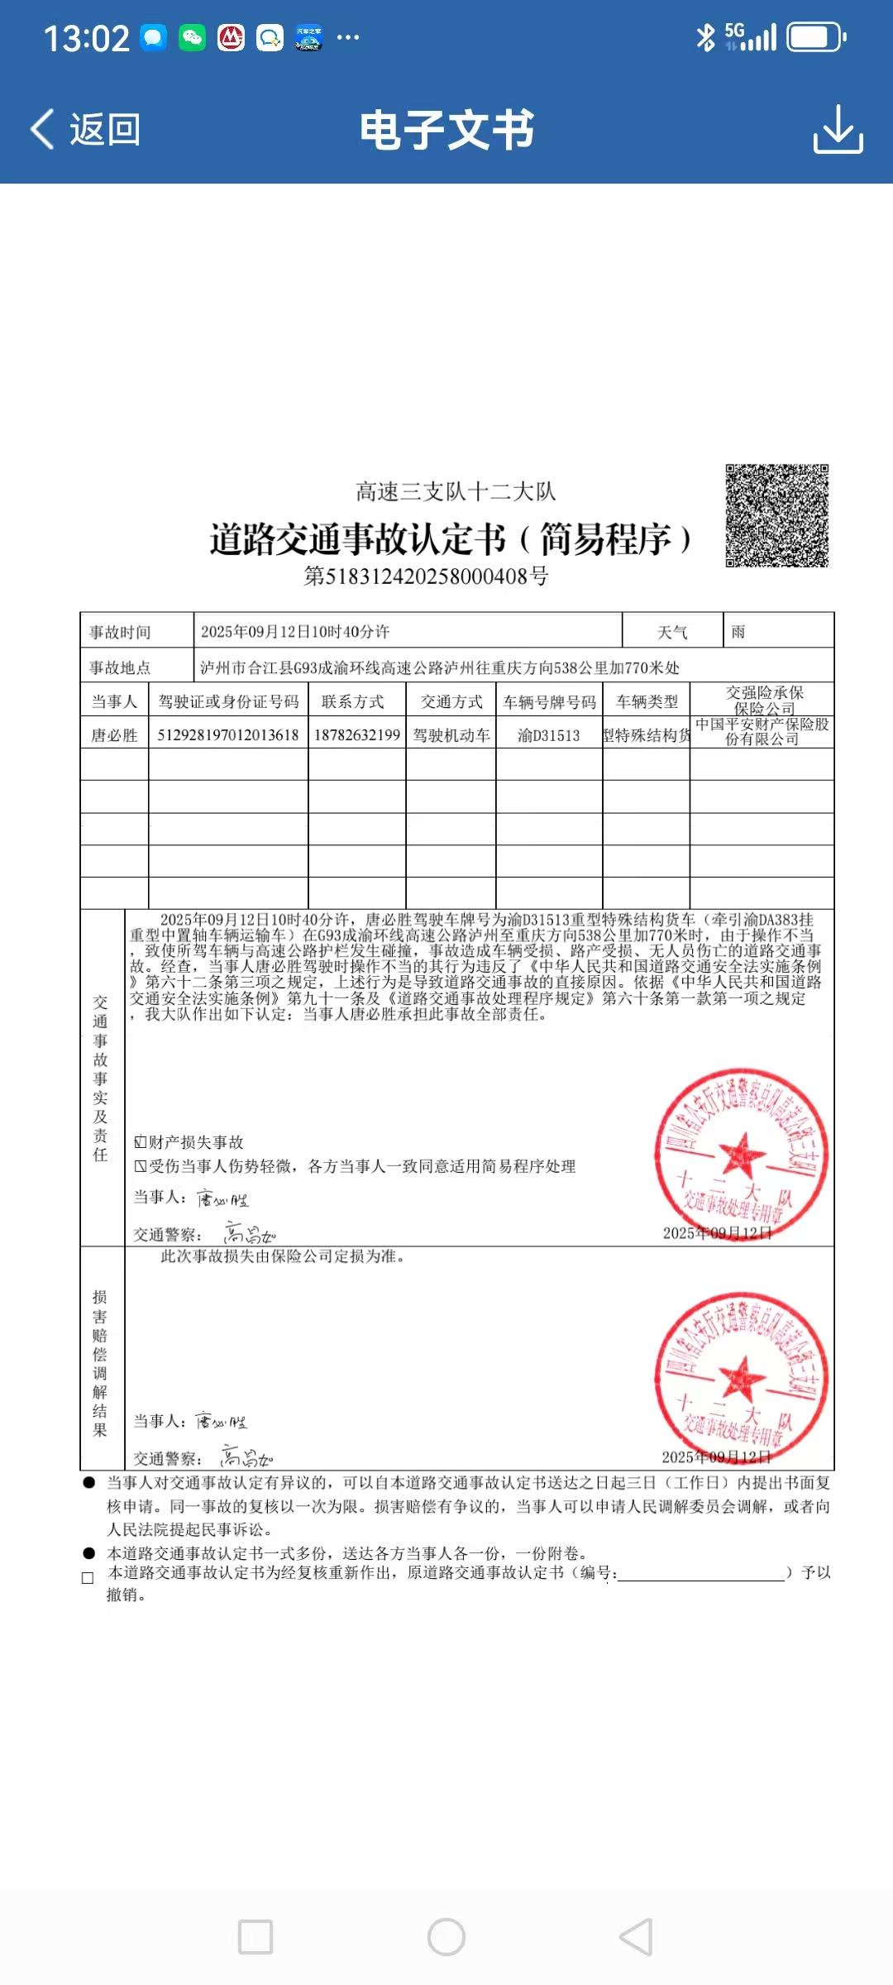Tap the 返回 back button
(85, 130)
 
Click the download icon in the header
(838, 129)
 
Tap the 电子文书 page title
(446, 131)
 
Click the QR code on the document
(776, 515)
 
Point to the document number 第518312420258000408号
(426, 576)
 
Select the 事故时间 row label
(121, 632)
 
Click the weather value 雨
(738, 632)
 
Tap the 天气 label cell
(672, 632)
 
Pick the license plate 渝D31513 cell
(548, 735)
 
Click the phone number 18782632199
(356, 735)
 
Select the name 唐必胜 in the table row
(114, 735)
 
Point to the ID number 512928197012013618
(228, 735)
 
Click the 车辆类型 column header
(647, 701)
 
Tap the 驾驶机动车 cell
(451, 735)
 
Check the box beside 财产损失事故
(141, 1142)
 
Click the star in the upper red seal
(741, 1153)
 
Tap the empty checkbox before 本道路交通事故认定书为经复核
(88, 1577)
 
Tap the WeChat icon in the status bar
(193, 37)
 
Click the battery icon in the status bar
(814, 37)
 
